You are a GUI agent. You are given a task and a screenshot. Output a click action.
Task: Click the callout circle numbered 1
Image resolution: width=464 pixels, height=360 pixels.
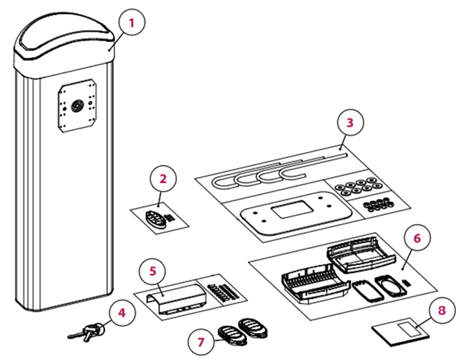click(x=132, y=22)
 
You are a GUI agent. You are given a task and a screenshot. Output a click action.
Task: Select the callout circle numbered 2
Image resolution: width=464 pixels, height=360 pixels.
click(x=163, y=179)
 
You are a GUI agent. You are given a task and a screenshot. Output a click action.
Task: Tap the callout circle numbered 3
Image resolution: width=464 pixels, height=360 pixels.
click(x=350, y=122)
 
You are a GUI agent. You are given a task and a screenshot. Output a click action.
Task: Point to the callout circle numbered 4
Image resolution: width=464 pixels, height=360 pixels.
click(x=123, y=313)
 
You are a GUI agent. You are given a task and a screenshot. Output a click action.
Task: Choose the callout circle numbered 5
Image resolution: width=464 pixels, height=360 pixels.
click(x=153, y=271)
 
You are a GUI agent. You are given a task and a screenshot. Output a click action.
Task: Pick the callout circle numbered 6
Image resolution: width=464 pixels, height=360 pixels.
click(x=418, y=238)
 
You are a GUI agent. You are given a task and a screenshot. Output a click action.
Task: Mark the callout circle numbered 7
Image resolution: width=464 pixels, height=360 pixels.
click(x=201, y=343)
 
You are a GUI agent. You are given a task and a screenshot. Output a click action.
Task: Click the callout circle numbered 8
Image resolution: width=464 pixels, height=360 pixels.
click(x=442, y=310)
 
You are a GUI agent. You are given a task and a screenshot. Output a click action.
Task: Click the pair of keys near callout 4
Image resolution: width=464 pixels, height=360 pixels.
click(x=86, y=332)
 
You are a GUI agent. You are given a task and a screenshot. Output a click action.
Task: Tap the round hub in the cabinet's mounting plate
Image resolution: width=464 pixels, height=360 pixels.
click(x=77, y=105)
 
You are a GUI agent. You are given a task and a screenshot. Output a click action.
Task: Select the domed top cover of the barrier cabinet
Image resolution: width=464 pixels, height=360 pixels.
click(x=65, y=43)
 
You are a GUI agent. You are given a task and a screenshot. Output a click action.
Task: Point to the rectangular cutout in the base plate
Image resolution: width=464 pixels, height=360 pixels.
click(x=292, y=209)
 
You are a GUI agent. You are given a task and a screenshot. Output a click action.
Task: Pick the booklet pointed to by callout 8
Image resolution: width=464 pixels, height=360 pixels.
click(x=401, y=332)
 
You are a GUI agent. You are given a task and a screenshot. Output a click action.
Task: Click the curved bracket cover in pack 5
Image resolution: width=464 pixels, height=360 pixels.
click(x=176, y=298)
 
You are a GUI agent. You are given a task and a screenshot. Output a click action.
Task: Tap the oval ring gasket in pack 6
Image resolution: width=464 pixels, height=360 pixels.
click(x=391, y=286)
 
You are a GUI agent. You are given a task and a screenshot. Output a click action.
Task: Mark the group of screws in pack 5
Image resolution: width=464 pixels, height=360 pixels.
click(x=223, y=292)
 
